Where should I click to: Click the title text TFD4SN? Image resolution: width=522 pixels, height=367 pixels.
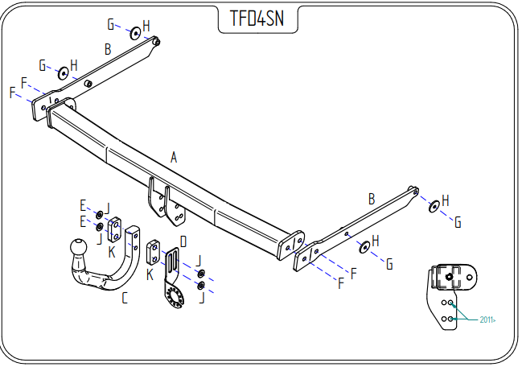tap(252, 18)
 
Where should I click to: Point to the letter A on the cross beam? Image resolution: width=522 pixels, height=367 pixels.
tap(173, 158)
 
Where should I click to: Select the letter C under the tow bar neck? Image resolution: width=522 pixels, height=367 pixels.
tap(124, 299)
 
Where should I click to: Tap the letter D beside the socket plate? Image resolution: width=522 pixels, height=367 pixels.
tap(183, 241)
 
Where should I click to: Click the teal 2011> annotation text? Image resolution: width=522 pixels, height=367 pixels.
tap(487, 320)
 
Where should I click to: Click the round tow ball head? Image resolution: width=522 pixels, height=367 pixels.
tap(79, 247)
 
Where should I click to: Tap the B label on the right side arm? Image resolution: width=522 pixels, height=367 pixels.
tap(372, 198)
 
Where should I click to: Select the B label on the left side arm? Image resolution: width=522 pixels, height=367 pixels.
tap(107, 50)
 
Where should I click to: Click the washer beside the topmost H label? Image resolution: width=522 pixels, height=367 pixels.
tap(135, 31)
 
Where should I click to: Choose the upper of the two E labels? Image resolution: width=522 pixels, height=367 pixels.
tap(82, 205)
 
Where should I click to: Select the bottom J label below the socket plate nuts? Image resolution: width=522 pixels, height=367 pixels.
tap(201, 299)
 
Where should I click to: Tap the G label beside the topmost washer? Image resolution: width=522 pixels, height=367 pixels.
tap(111, 24)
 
